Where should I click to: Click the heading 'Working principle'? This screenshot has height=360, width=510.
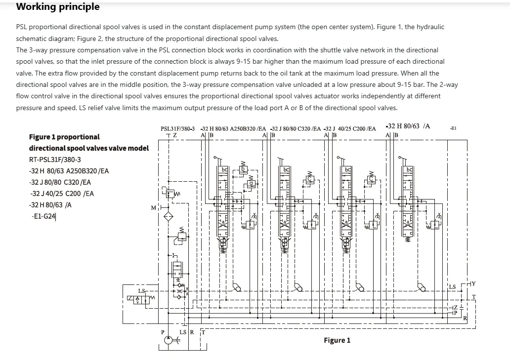pos(58,7)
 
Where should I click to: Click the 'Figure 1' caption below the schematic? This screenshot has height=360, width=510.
pos(337,340)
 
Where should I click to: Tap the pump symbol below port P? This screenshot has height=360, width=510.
pos(169,340)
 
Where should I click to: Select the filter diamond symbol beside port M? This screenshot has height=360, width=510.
pos(169,216)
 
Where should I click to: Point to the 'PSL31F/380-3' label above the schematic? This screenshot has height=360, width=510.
pos(178,128)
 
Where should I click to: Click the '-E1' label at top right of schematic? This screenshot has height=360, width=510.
pos(453,128)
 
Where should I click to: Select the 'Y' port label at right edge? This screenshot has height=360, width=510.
pos(473,283)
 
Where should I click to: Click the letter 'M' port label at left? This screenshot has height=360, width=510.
pos(153,208)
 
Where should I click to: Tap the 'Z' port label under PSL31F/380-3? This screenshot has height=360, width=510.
pos(174,135)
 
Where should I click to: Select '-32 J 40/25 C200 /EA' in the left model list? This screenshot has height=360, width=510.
pos(62,194)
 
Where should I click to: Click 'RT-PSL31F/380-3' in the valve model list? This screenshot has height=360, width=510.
pos(55,160)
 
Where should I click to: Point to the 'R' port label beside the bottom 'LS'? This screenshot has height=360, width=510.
pos(192,332)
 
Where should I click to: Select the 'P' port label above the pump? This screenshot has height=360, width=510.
pos(163,332)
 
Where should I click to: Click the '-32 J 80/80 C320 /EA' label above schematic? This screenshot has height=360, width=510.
pos(296,128)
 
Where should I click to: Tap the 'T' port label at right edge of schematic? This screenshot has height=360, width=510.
pos(473,297)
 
